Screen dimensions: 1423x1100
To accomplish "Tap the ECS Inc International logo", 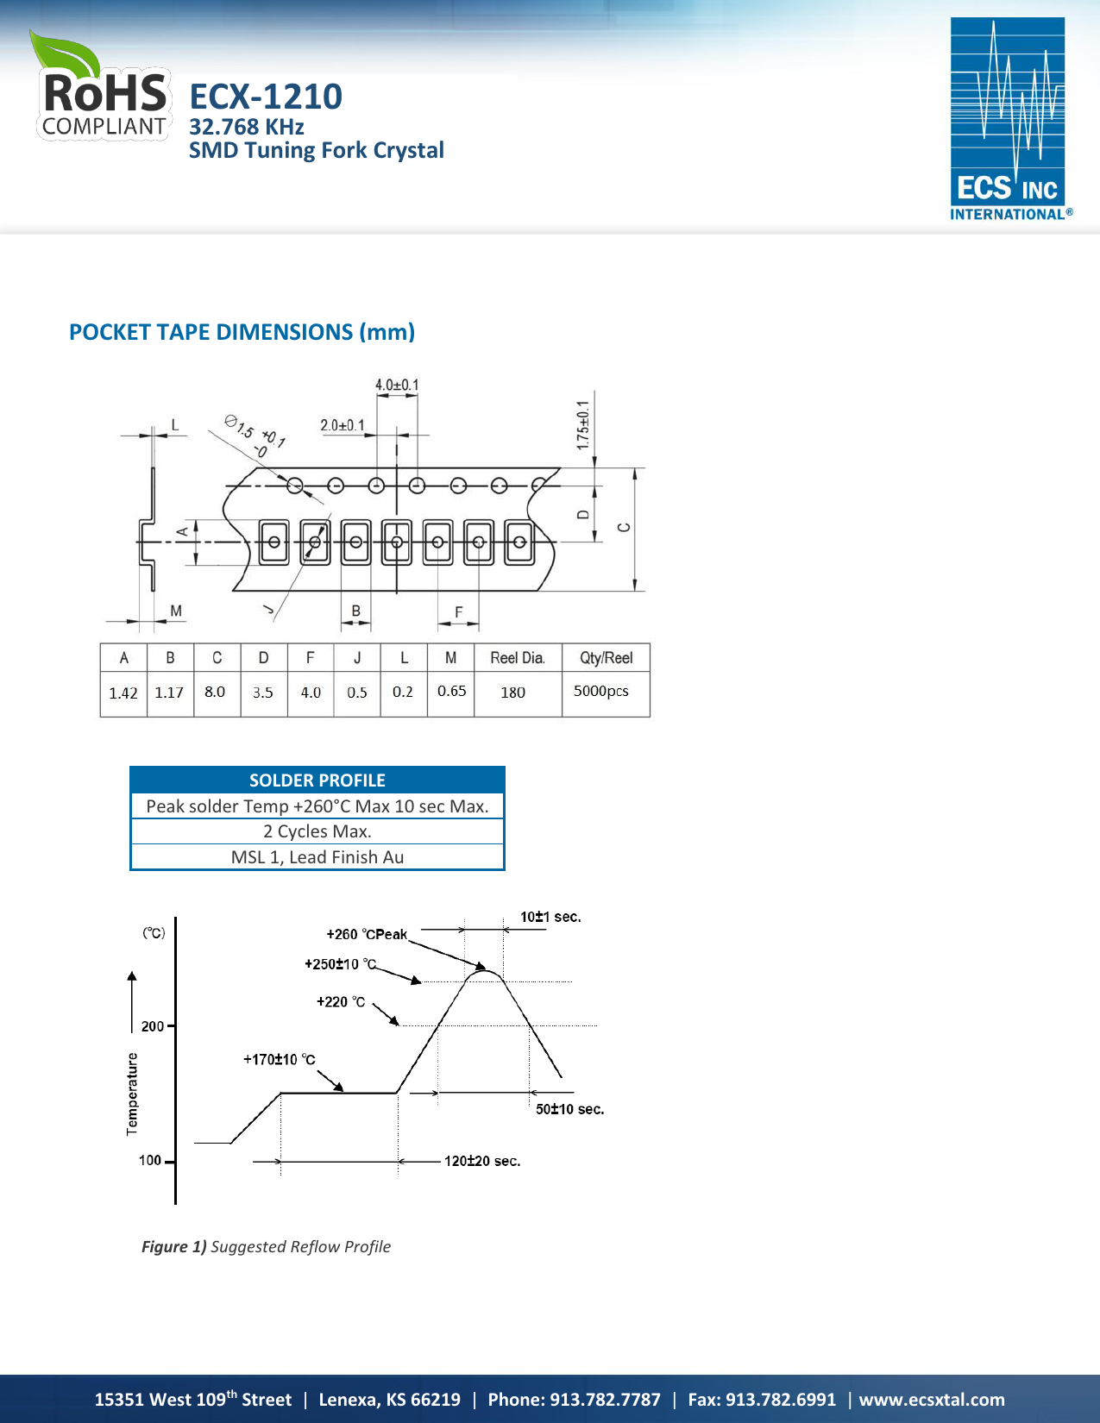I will [1010, 119].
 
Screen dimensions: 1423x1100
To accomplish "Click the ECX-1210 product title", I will [266, 97].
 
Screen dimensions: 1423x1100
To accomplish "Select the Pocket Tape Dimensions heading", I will [242, 332].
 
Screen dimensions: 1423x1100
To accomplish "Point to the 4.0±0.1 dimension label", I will [397, 385].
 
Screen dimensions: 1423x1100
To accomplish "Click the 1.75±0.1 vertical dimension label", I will [583, 424].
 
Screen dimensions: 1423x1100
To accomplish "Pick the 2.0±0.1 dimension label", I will [343, 425].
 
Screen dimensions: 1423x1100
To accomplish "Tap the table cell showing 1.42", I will [123, 693].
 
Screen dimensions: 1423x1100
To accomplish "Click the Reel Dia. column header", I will [518, 658].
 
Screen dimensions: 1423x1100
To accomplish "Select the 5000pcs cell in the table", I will [601, 691].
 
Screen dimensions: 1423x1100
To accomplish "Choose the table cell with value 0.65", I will [451, 691].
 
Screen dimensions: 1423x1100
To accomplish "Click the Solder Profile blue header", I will [317, 780].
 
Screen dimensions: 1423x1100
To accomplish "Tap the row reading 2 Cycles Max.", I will [317, 831].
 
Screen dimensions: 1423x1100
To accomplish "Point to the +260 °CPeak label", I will [367, 934].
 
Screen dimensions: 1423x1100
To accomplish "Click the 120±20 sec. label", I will [482, 1161].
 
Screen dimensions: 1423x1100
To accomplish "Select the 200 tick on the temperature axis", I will [153, 1026].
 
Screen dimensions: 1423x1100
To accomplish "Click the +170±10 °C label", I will [280, 1059].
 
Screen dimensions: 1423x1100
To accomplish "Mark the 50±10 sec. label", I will [570, 1109].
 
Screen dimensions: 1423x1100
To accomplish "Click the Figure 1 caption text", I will [266, 1246].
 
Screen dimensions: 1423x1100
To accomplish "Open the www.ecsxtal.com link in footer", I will [932, 1400].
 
